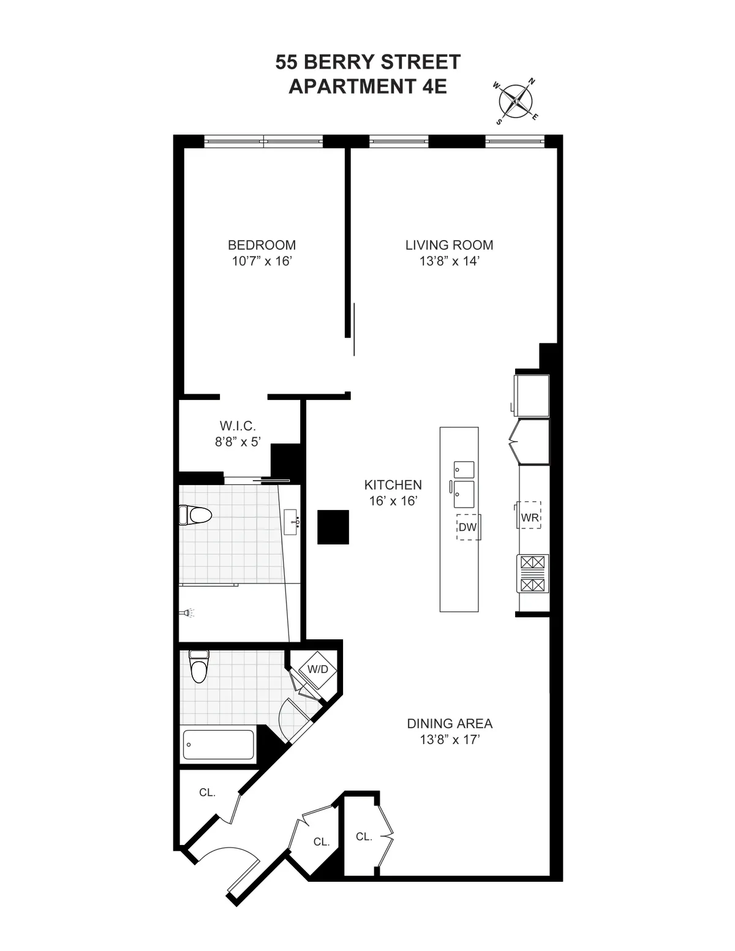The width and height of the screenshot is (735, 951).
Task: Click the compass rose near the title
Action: (x=516, y=101)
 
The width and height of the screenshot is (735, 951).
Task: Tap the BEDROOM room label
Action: (x=262, y=245)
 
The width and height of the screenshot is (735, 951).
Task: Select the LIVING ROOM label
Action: (x=449, y=245)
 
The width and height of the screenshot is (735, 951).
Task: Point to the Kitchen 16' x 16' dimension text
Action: (x=393, y=501)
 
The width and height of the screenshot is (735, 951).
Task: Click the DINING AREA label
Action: (x=450, y=723)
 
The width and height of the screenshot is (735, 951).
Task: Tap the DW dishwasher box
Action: (x=468, y=527)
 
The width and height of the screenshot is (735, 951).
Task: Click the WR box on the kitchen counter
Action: (x=530, y=517)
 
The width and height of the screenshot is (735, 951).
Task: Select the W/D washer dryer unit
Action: (x=317, y=669)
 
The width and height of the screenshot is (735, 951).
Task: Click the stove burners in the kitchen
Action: (x=533, y=574)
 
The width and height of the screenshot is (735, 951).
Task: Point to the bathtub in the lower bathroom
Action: (x=218, y=745)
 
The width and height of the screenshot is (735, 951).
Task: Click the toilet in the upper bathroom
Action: (x=195, y=516)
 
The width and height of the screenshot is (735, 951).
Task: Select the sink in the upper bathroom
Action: (x=293, y=522)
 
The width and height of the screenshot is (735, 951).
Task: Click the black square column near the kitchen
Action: (x=333, y=527)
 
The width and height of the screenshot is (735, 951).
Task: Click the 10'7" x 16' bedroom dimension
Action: (x=262, y=261)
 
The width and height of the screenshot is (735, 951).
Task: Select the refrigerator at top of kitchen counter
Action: (x=532, y=394)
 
